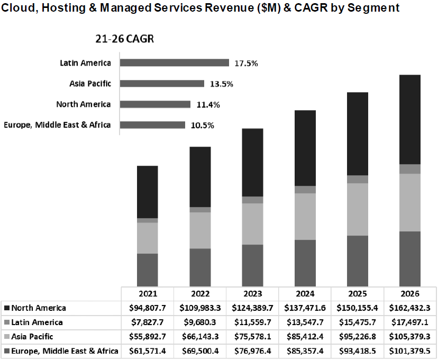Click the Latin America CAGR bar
tap(174, 63)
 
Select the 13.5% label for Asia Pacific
tap(221, 84)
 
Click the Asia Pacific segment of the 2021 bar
tap(147, 238)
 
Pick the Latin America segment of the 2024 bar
tap(305, 190)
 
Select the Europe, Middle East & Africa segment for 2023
tap(252, 265)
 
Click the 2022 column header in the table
tap(199, 294)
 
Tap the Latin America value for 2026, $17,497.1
tap(410, 322)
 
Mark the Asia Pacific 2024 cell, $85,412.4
tap(305, 336)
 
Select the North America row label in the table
tap(39, 308)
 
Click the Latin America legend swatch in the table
tap(6, 322)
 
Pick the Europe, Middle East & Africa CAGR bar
tap(152, 125)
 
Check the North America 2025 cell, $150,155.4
tap(357, 308)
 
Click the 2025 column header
tap(357, 294)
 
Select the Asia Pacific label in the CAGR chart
tap(90, 84)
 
